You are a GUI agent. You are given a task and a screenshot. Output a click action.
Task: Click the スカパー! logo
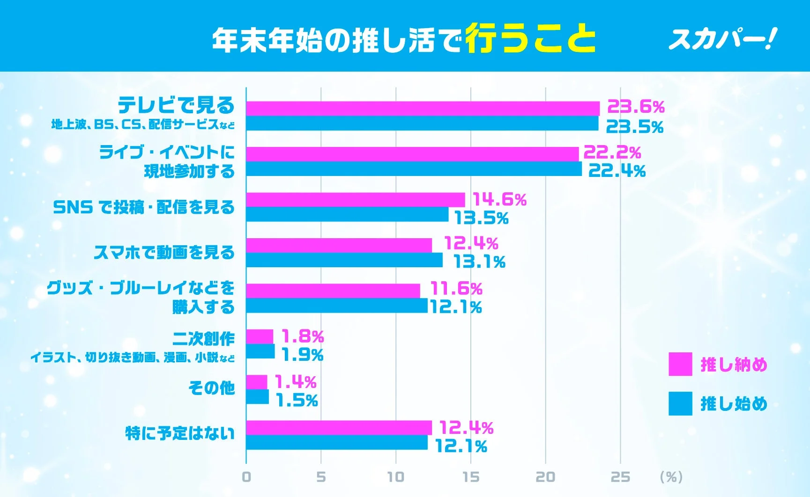tap(722, 39)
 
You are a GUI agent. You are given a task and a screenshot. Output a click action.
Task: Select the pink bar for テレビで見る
tap(423, 109)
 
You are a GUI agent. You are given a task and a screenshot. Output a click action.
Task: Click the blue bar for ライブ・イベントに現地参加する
tap(414, 169)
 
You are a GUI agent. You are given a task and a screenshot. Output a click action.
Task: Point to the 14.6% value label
tap(499, 200)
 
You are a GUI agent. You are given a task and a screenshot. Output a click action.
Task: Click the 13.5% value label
tap(481, 218)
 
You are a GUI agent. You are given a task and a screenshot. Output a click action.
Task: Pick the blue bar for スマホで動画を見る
tap(344, 260)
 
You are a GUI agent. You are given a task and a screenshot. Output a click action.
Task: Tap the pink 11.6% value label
tap(456, 289)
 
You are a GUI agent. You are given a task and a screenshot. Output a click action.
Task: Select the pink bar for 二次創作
tap(260, 336)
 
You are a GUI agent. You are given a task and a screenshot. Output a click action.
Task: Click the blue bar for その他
tap(258, 397)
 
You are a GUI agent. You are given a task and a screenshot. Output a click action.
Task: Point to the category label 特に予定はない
tap(180, 433)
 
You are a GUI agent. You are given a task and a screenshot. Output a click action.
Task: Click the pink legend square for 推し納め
tap(680, 364)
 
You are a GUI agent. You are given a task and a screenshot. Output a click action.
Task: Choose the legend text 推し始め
tap(734, 403)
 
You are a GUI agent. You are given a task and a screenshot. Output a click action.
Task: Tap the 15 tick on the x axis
tap(470, 477)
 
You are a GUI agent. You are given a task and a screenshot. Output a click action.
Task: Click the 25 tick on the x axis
tap(620, 477)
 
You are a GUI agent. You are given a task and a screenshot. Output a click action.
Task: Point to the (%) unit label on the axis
tap(671, 477)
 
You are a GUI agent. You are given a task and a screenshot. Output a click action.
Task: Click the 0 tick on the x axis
tap(246, 477)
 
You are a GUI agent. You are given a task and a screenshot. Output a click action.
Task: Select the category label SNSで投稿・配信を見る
tap(144, 207)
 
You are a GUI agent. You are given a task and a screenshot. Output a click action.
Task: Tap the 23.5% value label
tap(635, 127)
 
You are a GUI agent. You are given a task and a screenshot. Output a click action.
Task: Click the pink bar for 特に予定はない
tap(339, 427)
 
